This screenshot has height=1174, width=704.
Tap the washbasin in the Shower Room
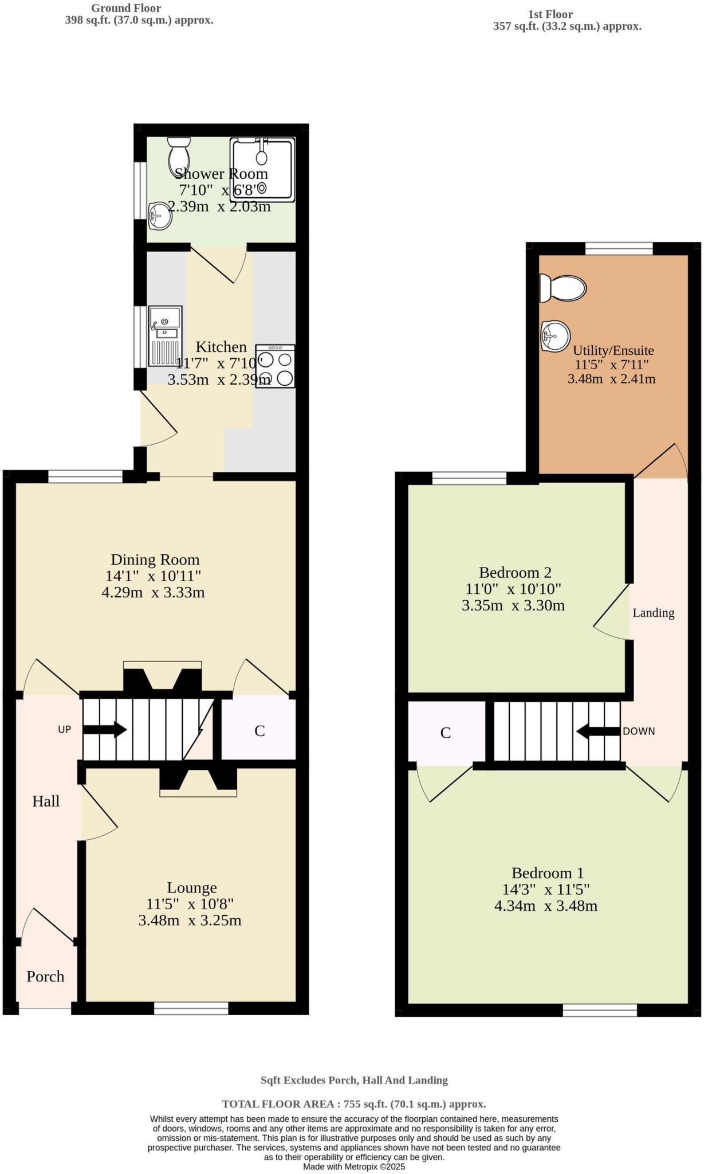point(159,216)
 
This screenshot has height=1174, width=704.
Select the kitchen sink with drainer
point(165,336)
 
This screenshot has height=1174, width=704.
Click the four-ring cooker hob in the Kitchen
point(276,366)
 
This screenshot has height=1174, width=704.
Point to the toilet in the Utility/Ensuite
point(564,288)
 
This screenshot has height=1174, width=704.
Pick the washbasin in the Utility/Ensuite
point(555,335)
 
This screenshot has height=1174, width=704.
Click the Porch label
point(45,976)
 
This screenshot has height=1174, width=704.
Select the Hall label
point(46,801)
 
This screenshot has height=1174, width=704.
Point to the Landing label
point(653,613)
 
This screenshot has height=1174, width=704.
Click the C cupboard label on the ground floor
point(259,731)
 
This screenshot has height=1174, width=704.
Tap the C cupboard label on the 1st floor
point(446,733)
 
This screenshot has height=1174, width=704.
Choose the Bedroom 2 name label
point(515,572)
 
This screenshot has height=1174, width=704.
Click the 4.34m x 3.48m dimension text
point(546,906)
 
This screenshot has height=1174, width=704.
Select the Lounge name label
point(192,887)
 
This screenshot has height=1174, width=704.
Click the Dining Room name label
point(155,559)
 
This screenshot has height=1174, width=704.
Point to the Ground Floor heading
point(126,9)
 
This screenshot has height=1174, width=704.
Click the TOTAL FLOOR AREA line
point(354,1104)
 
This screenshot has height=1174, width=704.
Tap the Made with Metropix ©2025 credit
point(354,1167)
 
